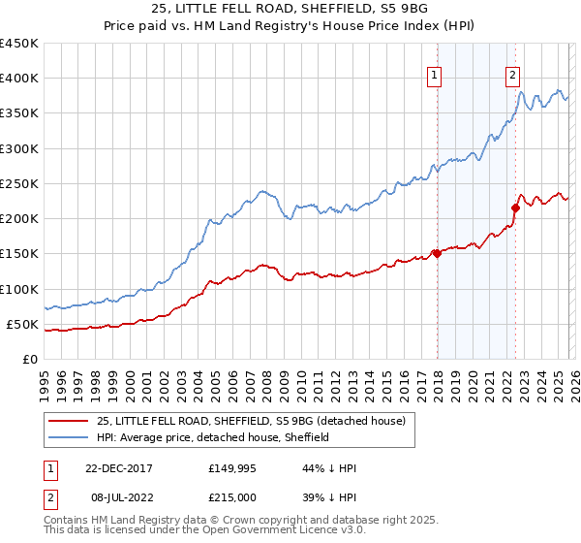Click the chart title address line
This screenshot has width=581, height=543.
pos(297,9)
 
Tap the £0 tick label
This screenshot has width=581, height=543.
pos(29,359)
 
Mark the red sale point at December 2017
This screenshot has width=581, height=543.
pos(437,254)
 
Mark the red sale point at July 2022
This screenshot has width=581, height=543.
pos(515,207)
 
